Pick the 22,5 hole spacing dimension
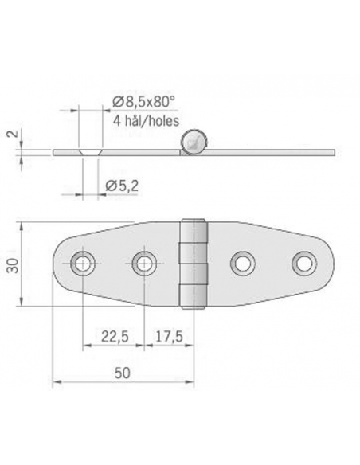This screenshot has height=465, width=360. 113,338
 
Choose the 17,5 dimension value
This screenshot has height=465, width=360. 169,338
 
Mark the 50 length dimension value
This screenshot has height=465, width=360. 123,371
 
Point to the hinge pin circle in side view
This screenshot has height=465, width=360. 193,142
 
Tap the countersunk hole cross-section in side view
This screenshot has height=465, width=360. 89,150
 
